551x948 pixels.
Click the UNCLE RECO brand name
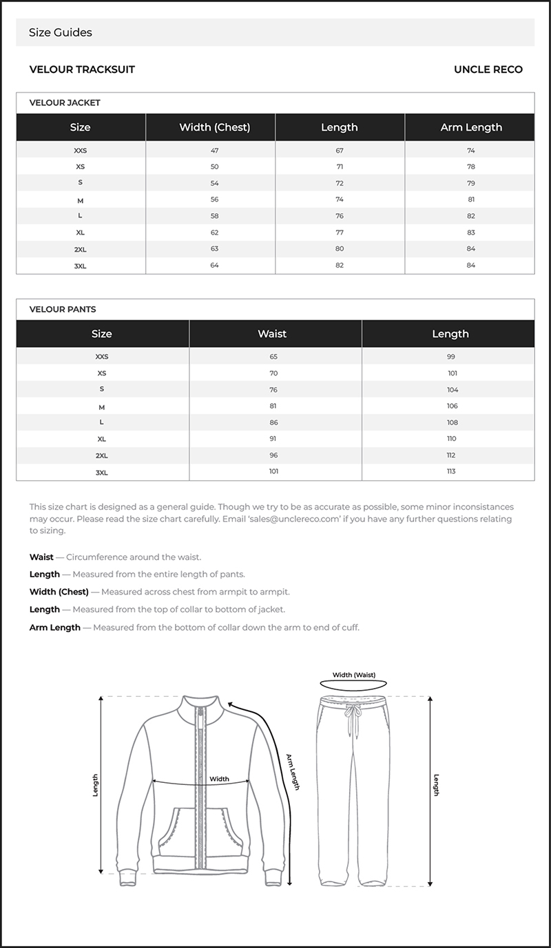pos(488,69)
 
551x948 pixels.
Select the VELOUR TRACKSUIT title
pos(82,69)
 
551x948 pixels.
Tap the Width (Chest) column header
pos(214,127)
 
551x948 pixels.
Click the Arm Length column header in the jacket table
pos(471,127)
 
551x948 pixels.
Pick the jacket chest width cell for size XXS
pos(214,150)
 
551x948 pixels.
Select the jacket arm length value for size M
pos(471,200)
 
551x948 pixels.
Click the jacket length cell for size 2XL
pos(340,249)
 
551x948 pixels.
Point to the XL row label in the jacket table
pos(80,233)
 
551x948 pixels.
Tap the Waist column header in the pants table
pos(272,334)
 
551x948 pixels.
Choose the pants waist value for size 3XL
pos(273,471)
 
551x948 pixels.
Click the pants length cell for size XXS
pos(450,356)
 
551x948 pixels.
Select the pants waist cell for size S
pos(273,389)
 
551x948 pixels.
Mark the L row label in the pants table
pos(101,422)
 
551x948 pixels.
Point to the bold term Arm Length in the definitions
pos(55,627)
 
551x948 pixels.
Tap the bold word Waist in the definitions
pos(41,557)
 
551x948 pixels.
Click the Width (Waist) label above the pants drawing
pos(354,675)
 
